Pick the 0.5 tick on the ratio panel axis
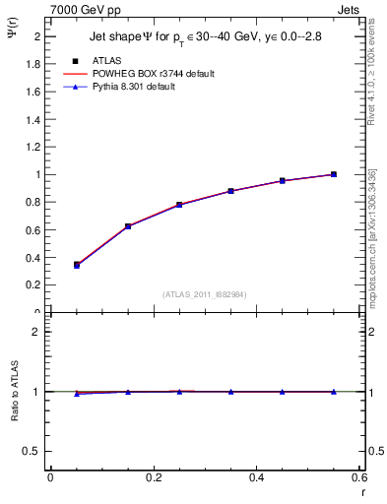tap(34, 451)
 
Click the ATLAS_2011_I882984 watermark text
tap(204, 293)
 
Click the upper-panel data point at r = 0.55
tap(334, 174)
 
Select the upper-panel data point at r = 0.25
tap(179, 205)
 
